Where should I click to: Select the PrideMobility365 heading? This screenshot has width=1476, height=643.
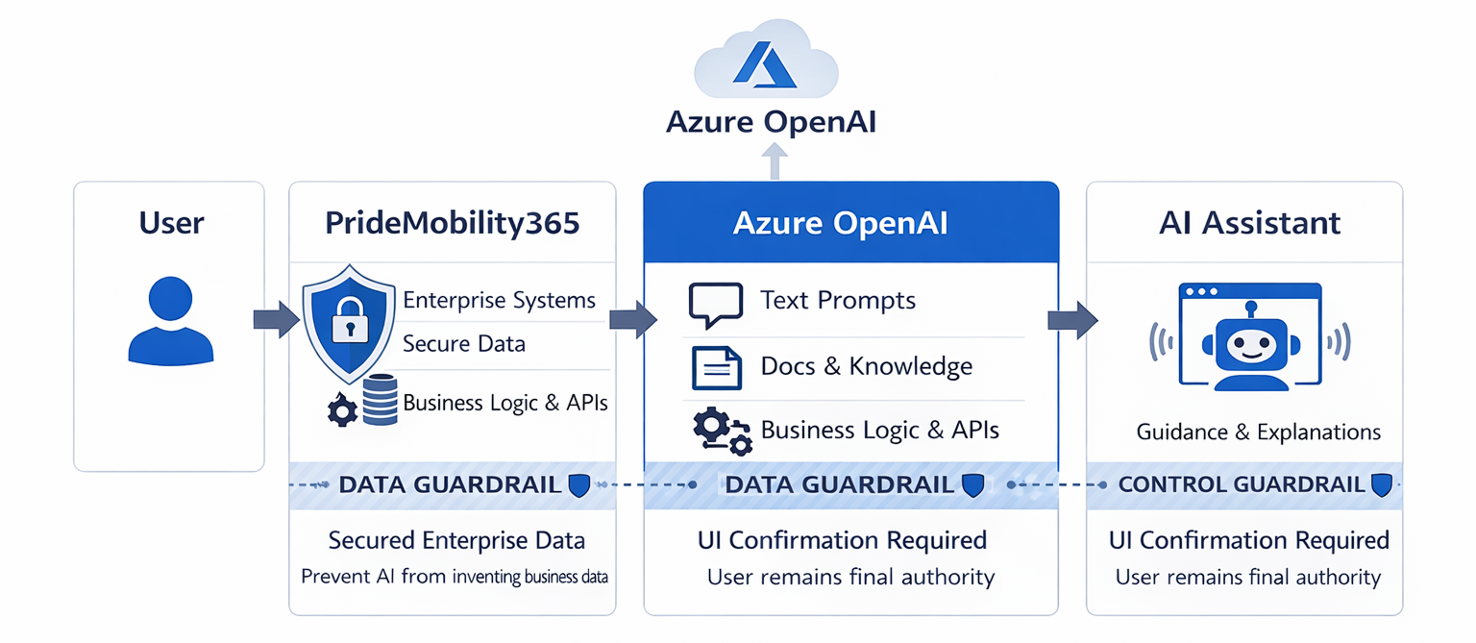tap(453, 223)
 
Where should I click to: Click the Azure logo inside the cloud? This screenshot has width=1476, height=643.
tap(765, 64)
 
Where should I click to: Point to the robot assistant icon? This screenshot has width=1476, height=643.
tap(1250, 337)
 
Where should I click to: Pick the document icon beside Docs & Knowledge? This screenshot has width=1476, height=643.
tap(716, 367)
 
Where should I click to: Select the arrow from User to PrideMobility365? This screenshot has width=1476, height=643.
tap(277, 319)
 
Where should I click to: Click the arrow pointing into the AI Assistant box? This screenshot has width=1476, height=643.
tap(1072, 319)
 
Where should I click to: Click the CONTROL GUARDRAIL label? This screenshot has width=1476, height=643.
tap(1242, 484)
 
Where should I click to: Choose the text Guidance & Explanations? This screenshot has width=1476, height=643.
tap(1258, 433)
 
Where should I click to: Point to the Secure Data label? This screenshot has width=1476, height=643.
tap(464, 344)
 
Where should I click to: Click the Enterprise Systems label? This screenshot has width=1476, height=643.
tap(499, 300)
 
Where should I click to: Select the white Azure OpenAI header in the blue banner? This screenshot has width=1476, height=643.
tap(840, 223)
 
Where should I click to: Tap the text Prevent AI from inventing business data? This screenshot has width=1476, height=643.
tap(455, 577)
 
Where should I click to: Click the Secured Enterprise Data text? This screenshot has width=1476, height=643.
tap(456, 540)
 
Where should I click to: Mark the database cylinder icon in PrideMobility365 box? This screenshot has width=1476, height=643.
tap(381, 400)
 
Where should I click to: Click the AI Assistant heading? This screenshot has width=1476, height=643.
tap(1249, 223)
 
